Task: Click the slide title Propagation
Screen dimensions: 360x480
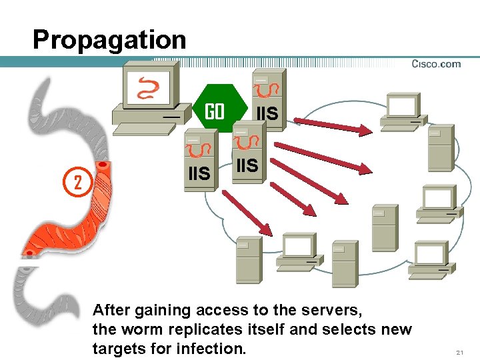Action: coord(109,40)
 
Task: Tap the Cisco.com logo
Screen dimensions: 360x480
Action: coord(436,64)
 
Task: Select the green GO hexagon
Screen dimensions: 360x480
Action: coord(215,111)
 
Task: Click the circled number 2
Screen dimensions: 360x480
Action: coord(77,182)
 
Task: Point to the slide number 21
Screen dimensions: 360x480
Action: coord(459,351)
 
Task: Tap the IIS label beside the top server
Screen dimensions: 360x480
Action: coord(267,114)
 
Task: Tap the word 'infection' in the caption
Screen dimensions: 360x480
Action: coord(212,348)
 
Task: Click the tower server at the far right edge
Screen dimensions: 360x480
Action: coord(441,148)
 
